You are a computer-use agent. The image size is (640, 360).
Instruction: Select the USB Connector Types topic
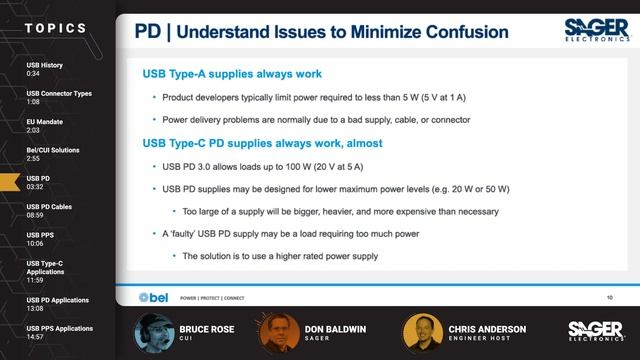click(59, 97)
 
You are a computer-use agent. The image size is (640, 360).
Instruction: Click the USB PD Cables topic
click(50, 210)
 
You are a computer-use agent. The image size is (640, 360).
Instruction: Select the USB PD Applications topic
click(58, 303)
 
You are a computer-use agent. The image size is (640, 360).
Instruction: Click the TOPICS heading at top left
click(55, 28)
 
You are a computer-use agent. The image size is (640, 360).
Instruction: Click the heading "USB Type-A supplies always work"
click(232, 74)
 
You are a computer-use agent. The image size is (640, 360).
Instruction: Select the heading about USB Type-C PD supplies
click(263, 143)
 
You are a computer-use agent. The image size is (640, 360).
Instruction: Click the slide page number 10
click(609, 297)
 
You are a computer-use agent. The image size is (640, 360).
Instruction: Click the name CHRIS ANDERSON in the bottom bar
click(488, 328)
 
